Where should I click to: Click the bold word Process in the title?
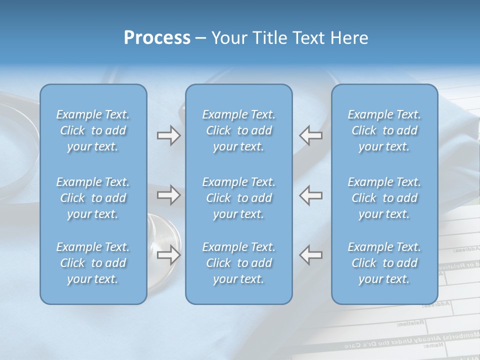(157, 38)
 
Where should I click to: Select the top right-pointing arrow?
(168, 135)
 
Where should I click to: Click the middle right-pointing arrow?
(168, 195)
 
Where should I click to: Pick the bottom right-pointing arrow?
(168, 254)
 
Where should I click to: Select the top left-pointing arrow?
(311, 135)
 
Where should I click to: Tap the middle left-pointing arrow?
(311, 195)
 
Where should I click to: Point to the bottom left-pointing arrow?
(311, 254)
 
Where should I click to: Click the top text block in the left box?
(93, 130)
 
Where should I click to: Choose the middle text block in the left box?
(93, 198)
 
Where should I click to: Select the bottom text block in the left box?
(93, 263)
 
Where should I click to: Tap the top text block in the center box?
(239, 130)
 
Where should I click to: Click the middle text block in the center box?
(239, 198)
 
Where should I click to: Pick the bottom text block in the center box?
(239, 263)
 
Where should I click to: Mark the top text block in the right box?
(384, 130)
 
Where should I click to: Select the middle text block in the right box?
(384, 198)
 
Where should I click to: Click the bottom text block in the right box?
(384, 263)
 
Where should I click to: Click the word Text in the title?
(307, 38)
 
